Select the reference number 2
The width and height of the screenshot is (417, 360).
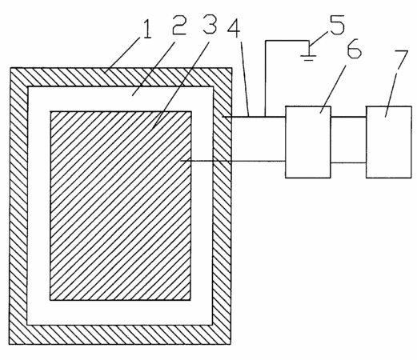pos(179,25)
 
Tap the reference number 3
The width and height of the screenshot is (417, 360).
pos(210,24)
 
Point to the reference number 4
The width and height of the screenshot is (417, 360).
pos(234,27)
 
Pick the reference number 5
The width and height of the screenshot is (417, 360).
pos(337,25)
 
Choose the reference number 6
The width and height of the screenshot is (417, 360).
pos(354,48)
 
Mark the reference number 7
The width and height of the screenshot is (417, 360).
pos(401,60)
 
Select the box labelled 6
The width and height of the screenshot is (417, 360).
pos(308,142)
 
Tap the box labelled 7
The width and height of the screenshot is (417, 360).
pos(389,142)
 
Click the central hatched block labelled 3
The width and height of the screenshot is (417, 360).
pos(121,206)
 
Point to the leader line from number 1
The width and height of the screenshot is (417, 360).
pos(123,54)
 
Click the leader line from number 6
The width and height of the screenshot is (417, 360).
pos(333,89)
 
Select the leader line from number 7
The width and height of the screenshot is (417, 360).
pos(391,94)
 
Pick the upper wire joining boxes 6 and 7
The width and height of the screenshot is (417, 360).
pos(348,117)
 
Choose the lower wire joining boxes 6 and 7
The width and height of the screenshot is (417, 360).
pos(348,162)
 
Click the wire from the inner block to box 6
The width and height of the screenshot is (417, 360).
pos(233,161)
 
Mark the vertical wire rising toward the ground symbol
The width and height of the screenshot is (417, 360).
pos(266,78)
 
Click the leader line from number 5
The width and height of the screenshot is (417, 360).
pos(319,39)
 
